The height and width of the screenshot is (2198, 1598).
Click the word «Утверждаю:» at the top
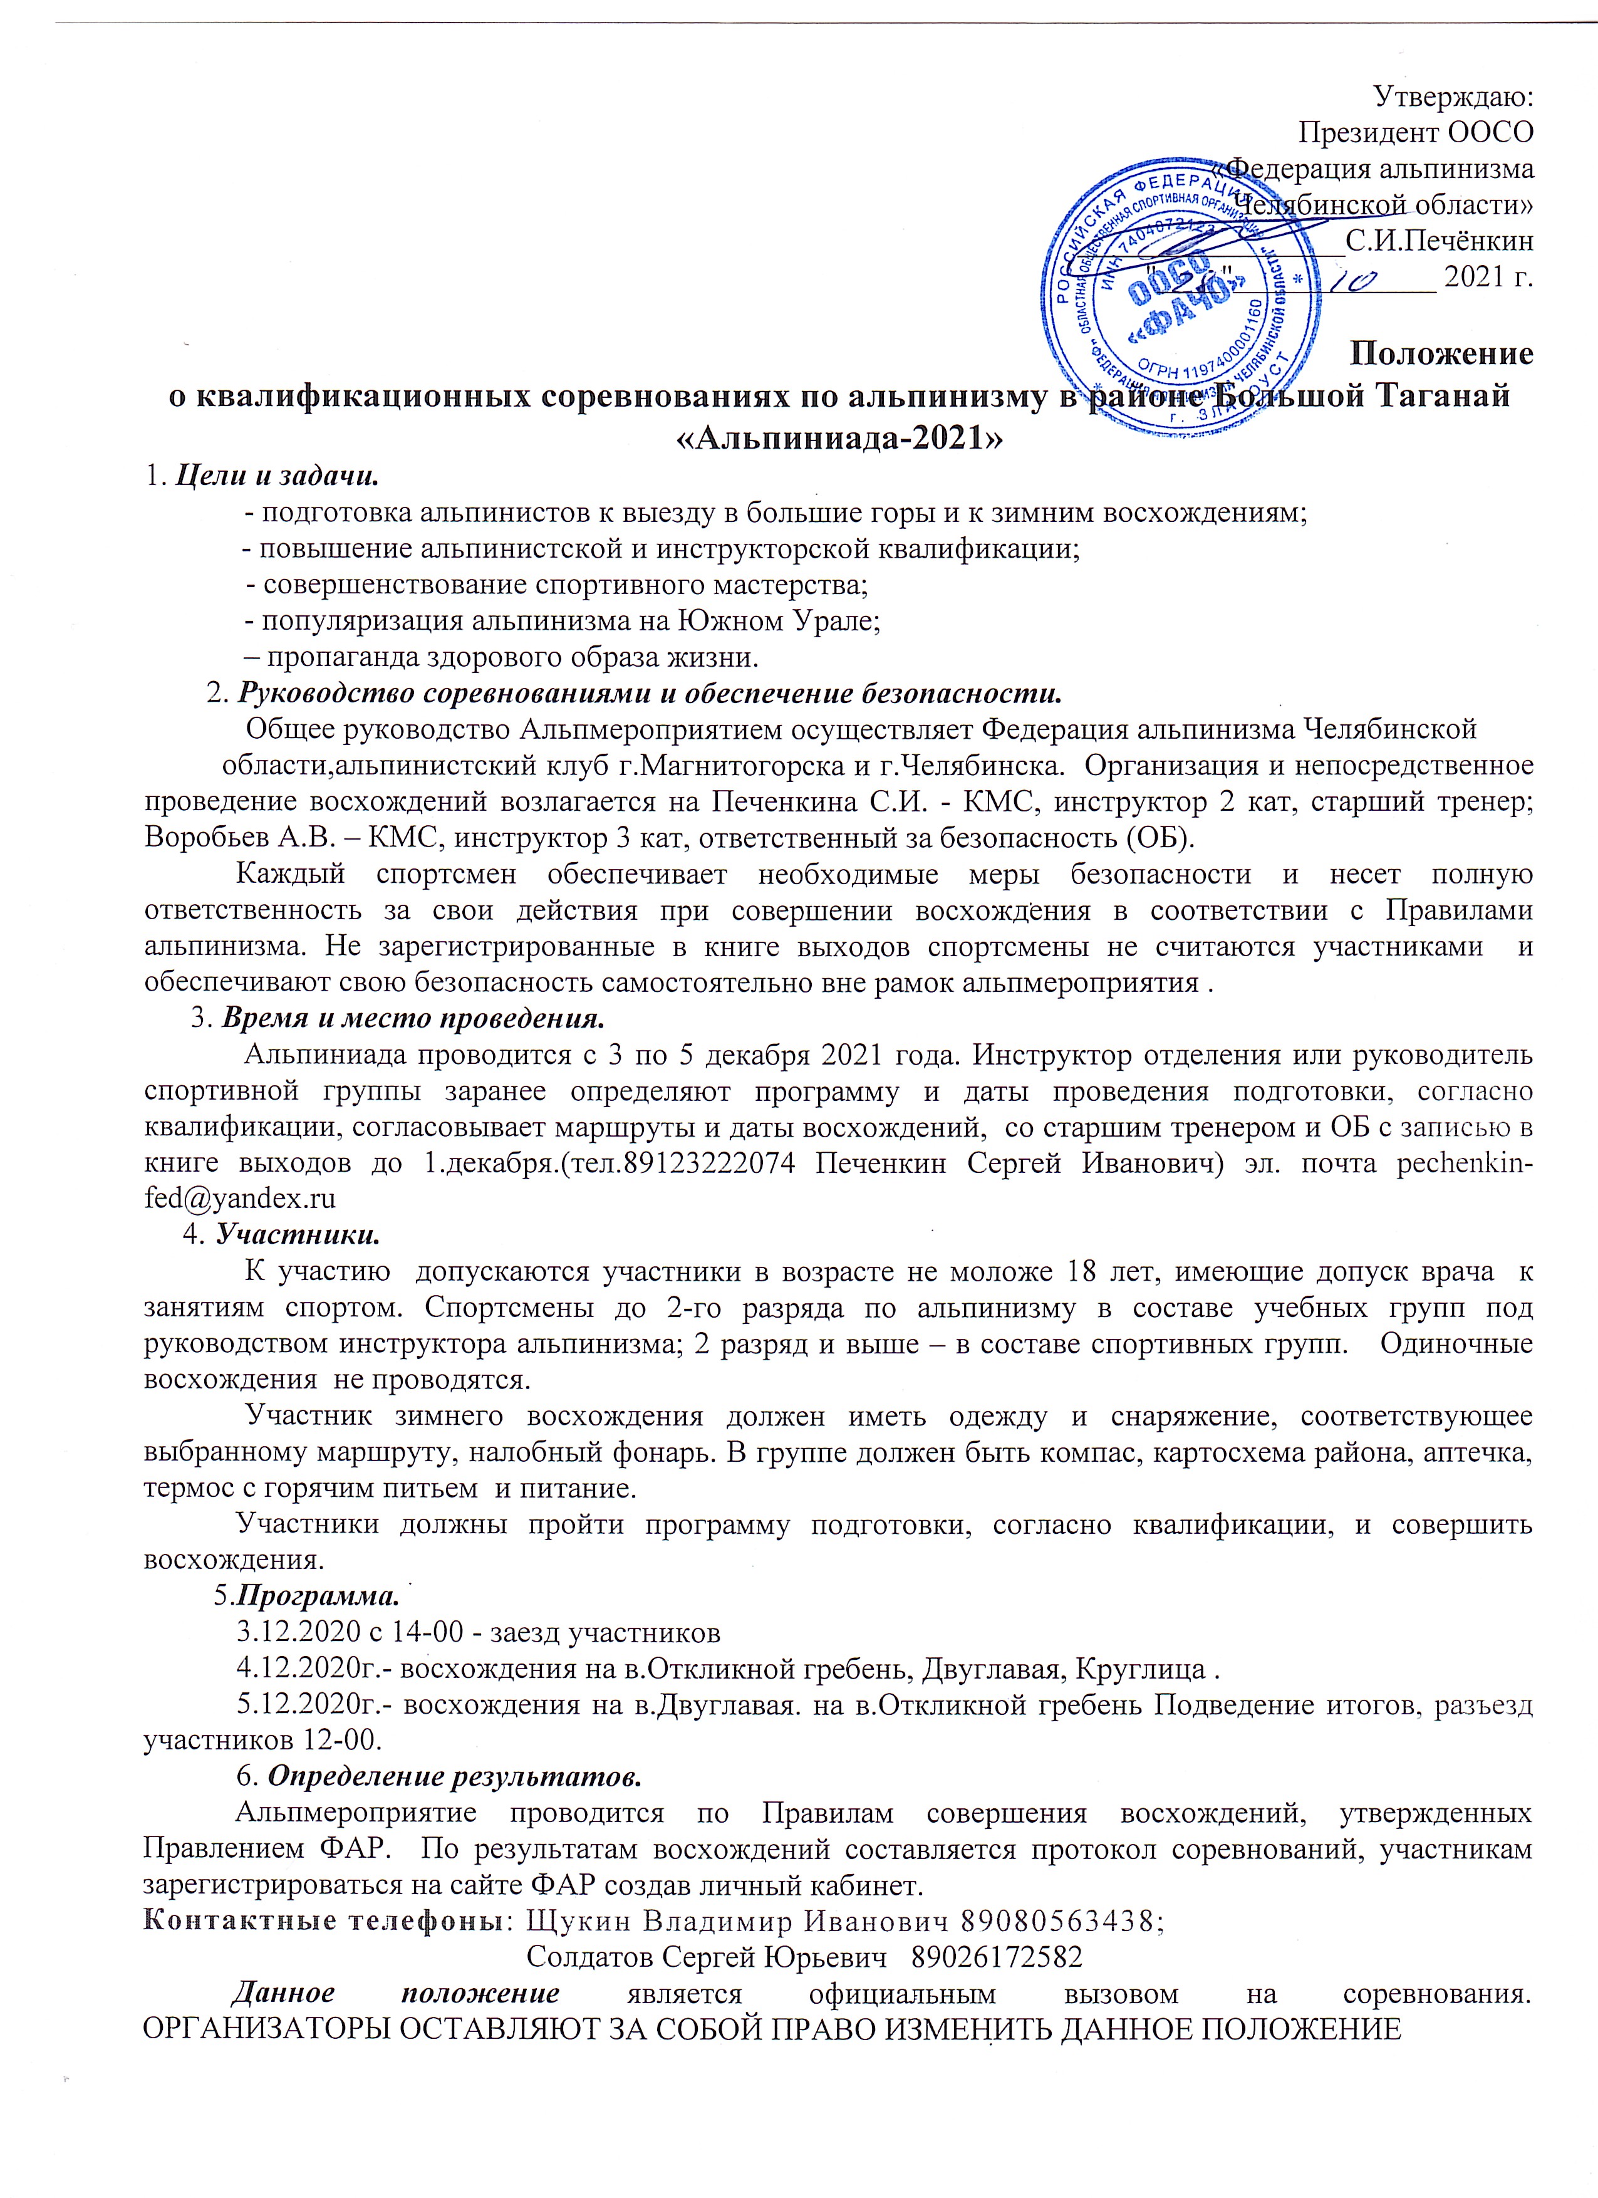pyautogui.click(x=1453, y=96)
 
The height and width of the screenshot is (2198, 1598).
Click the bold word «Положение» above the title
pyautogui.click(x=1442, y=354)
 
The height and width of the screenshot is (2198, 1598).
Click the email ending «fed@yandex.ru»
pyautogui.click(x=239, y=1199)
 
